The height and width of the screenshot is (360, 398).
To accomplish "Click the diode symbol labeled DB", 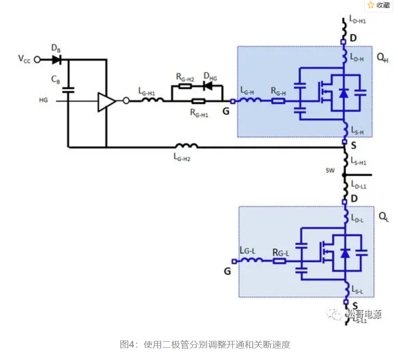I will [56, 59].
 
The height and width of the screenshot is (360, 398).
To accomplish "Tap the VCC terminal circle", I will [38, 59].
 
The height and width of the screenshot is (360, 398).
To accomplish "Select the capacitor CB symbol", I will [68, 90].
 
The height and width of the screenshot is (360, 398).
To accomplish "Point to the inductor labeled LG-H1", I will [152, 101].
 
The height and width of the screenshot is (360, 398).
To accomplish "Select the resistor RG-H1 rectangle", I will [198, 101].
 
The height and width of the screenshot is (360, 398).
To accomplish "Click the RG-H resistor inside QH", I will [279, 101].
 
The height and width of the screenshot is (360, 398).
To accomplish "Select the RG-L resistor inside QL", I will [279, 261].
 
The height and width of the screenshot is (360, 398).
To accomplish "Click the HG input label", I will [43, 101].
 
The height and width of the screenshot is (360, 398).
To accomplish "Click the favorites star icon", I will [371, 5].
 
